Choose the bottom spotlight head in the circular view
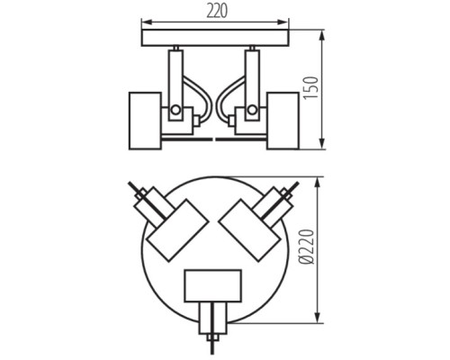(x=213, y=286)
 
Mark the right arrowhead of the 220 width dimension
(x=286, y=22)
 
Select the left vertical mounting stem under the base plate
(x=176, y=72)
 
